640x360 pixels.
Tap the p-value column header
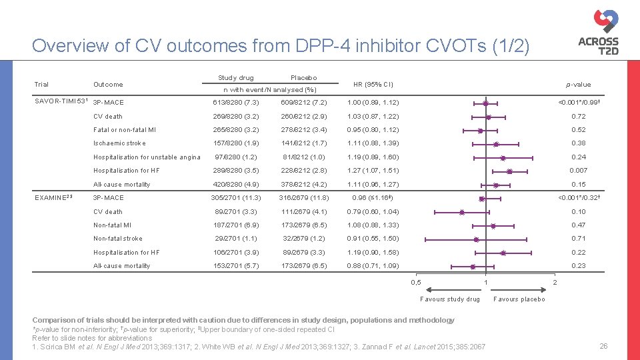[578, 84]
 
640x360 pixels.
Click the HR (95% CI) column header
[373, 84]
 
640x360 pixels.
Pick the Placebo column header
[303, 78]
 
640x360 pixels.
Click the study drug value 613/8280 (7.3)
[237, 103]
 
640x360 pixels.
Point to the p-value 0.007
[577, 171]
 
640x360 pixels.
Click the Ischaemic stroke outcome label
[119, 143]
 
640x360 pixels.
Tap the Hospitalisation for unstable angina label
[147, 157]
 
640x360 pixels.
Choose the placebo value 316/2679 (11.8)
[303, 198]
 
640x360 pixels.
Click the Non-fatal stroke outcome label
[117, 239]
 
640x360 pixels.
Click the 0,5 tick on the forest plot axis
[416, 283]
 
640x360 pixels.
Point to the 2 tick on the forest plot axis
[556, 283]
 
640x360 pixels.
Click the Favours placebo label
[519, 299]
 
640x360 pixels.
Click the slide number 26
[603, 346]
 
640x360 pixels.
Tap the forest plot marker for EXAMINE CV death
[462, 212]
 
